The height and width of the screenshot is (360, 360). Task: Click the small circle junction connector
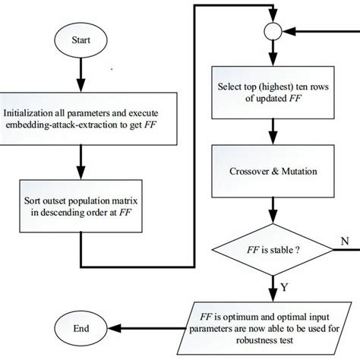pyautogui.click(x=271, y=33)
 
